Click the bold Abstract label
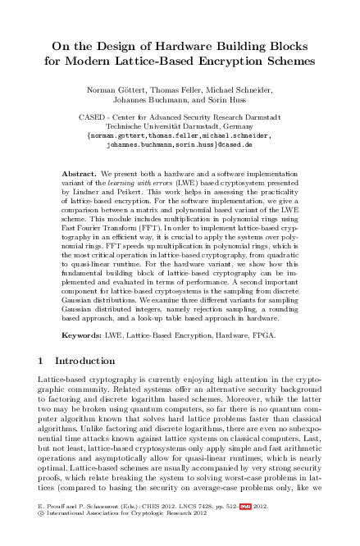point(79,175)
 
